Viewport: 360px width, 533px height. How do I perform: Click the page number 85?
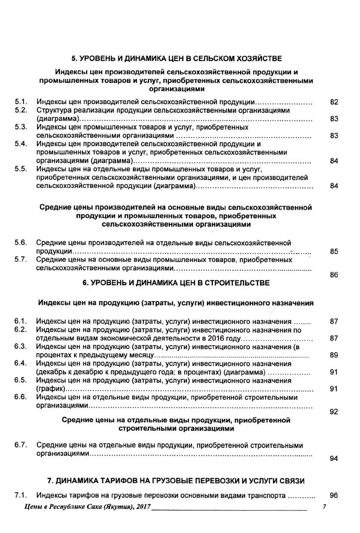click(334, 252)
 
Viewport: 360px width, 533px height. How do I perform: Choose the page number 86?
click(334, 275)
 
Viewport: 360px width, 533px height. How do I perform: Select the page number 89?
click(334, 355)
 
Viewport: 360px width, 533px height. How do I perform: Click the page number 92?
click(334, 412)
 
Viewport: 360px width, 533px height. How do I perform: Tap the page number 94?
click(334, 459)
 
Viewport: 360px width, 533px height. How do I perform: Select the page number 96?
click(334, 495)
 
